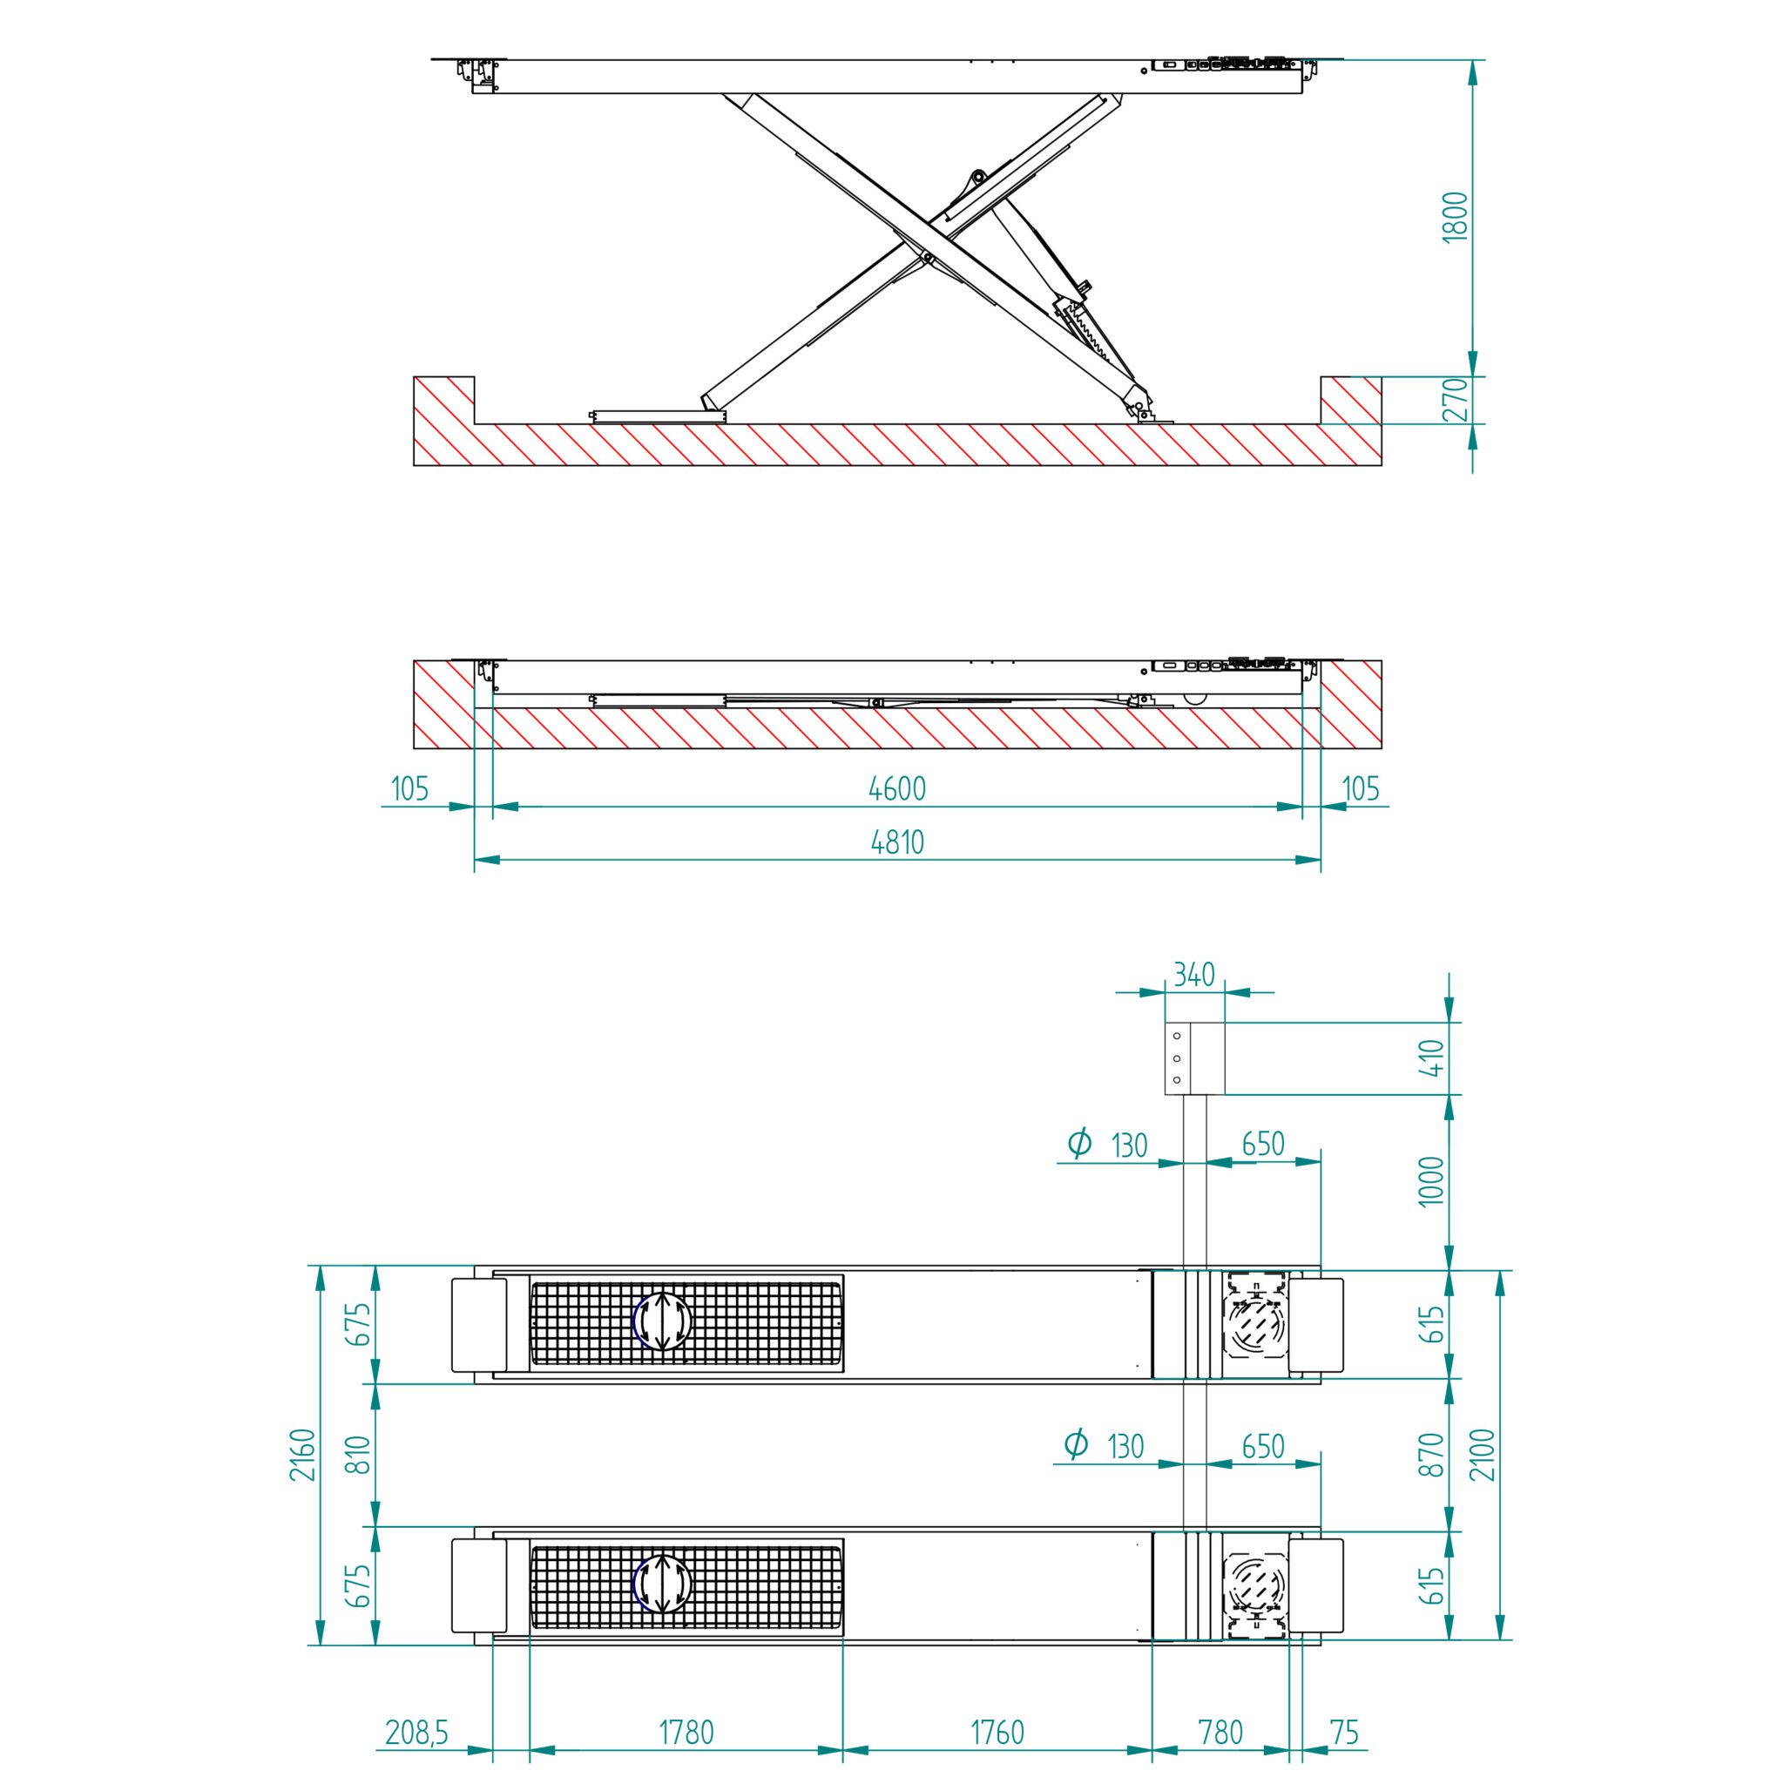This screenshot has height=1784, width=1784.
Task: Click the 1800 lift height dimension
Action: (1455, 217)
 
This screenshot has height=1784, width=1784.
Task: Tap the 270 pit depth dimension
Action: (1455, 399)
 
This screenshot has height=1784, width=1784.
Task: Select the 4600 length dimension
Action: (896, 788)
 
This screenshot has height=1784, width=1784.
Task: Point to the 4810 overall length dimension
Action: (896, 842)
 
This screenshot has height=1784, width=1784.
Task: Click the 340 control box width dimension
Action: (1194, 974)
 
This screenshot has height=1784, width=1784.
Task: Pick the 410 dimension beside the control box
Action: (1430, 1058)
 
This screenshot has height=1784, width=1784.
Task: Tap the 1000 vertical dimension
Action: (1430, 1181)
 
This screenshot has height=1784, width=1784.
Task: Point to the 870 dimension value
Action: (1430, 1455)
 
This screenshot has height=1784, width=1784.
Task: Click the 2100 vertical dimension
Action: (1482, 1455)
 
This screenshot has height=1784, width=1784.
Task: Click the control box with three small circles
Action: (1194, 1058)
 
